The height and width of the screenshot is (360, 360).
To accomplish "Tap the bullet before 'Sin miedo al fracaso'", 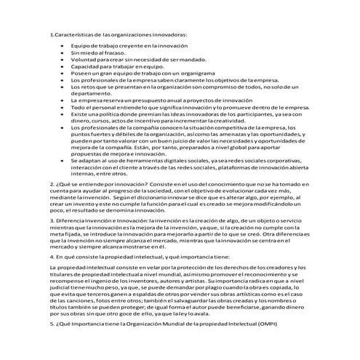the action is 63,53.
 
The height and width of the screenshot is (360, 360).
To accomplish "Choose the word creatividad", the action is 226,120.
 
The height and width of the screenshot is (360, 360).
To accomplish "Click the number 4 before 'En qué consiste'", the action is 51,256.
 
